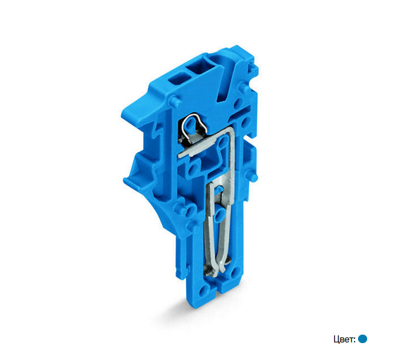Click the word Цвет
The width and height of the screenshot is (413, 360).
pyautogui.click(x=344, y=340)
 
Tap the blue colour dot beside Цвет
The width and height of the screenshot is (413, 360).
pyautogui.click(x=363, y=339)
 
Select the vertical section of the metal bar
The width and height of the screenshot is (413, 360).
pyautogui.click(x=231, y=158)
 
